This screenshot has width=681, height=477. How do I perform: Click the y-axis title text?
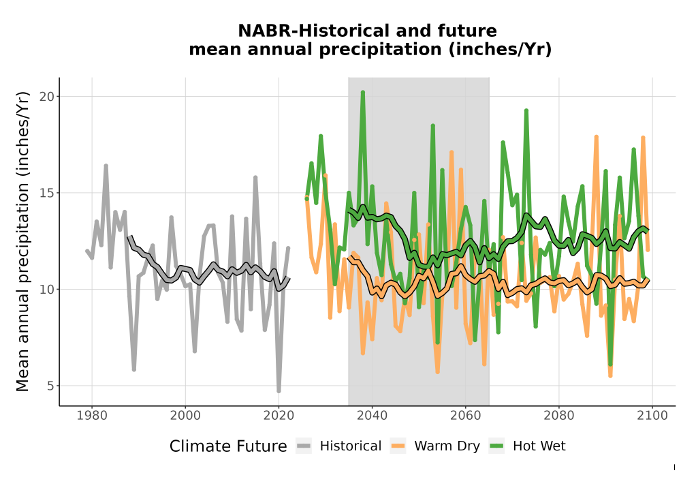point(22,241)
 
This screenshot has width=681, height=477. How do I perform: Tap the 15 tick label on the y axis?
point(48,193)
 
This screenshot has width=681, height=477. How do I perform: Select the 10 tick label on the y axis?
point(48,290)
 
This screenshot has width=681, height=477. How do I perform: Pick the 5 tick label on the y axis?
point(51,386)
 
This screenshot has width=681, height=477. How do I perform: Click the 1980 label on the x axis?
point(92,416)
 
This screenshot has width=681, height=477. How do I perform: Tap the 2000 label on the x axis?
point(185,416)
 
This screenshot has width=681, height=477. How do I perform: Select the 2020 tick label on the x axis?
point(279,416)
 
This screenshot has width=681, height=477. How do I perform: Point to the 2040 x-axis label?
point(373,416)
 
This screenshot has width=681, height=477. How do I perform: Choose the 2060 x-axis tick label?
point(466,416)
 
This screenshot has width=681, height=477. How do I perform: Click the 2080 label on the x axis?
point(559,416)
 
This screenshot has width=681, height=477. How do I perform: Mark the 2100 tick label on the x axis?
point(652,416)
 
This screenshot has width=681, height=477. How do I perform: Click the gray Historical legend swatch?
point(304,446)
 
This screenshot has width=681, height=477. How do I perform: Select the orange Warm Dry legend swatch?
point(398,446)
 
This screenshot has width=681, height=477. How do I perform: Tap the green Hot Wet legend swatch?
point(496,446)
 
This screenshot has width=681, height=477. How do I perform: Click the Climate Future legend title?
point(228,446)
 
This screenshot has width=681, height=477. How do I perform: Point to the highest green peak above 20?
point(363,93)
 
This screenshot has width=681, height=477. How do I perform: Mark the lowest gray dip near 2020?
point(279,391)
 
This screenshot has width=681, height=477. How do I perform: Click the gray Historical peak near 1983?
point(106,166)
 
